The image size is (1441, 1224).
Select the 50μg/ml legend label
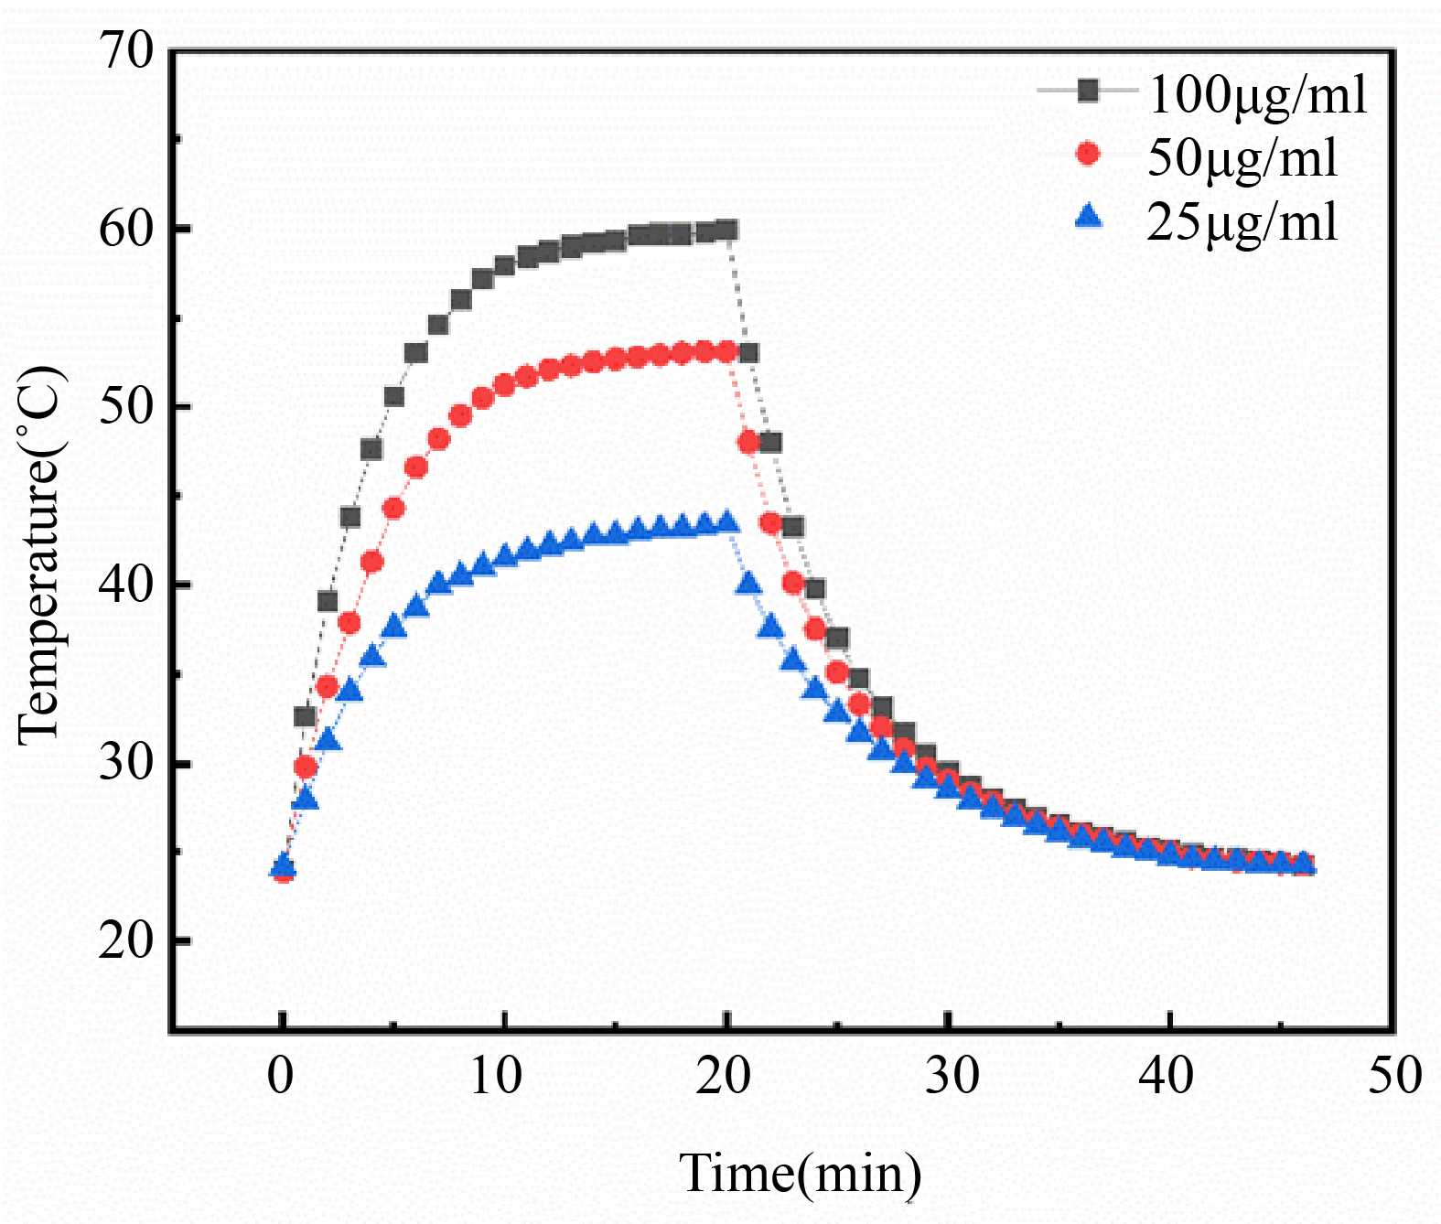[x=1242, y=157]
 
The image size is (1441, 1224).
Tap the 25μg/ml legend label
[x=1242, y=220]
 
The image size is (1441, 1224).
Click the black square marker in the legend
[x=1088, y=91]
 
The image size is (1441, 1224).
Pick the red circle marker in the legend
[x=1088, y=154]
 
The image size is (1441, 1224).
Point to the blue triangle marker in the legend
[x=1088, y=217]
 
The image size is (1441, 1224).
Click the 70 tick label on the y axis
[x=126, y=49]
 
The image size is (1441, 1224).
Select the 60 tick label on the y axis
[x=126, y=229]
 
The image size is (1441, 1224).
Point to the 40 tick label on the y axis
[x=126, y=585]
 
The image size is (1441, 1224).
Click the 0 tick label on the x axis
[x=281, y=1076]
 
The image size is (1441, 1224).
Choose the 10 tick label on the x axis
[x=495, y=1076]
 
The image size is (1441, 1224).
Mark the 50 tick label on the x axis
[x=1394, y=1076]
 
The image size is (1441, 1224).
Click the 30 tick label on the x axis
[x=951, y=1076]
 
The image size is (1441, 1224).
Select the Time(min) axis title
[x=800, y=1174]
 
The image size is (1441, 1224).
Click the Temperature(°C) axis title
[x=40, y=555]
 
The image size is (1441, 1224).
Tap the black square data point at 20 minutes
[x=727, y=230]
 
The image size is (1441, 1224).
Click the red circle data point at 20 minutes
[x=727, y=351]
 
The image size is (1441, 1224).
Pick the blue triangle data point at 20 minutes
[x=727, y=522]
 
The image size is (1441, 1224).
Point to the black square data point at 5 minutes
[x=394, y=396]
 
